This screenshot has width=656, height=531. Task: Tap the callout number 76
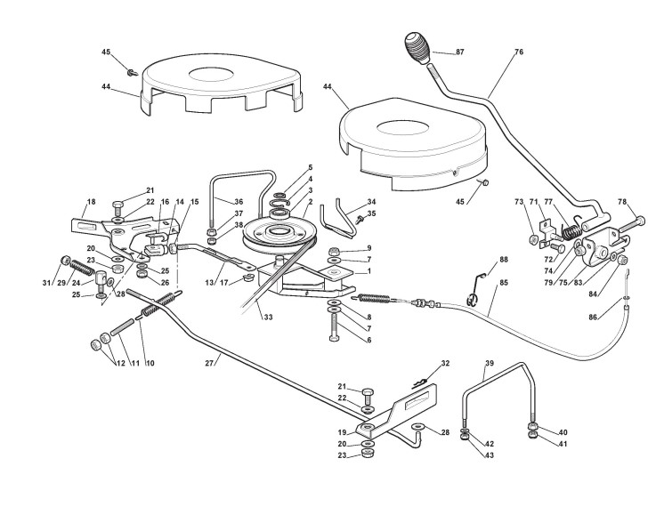click(x=519, y=52)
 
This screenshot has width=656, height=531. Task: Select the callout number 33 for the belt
click(x=268, y=317)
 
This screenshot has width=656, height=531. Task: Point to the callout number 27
click(x=209, y=363)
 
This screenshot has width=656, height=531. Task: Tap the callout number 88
click(x=504, y=259)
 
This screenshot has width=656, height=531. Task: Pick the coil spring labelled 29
click(x=83, y=268)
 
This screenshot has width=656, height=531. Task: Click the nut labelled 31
click(x=65, y=260)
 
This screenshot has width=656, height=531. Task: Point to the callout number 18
click(x=91, y=202)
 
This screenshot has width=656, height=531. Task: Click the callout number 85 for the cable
click(x=504, y=283)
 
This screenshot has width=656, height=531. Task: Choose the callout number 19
click(x=342, y=432)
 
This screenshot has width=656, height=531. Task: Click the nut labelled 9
click(x=335, y=252)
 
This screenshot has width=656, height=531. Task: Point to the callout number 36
click(x=239, y=201)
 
